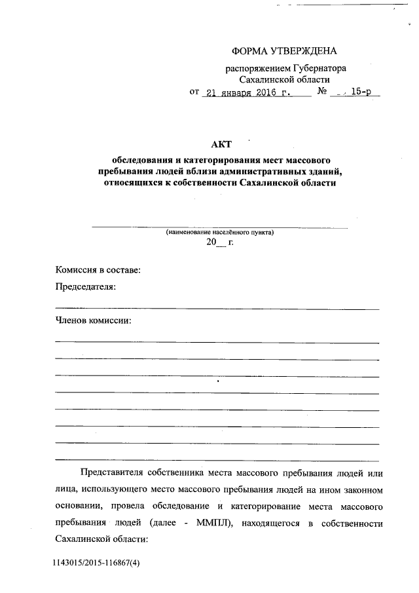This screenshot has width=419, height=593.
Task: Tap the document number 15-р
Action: point(361,92)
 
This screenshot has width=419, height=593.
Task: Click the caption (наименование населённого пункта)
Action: point(220,233)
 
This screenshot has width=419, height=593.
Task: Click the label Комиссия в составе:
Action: point(98,270)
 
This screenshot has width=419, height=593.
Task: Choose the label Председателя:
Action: point(86,287)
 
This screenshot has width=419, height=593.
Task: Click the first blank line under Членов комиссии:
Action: point(217,343)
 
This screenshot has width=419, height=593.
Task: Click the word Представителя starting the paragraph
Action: point(109,472)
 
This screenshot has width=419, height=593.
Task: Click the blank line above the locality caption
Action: point(220,227)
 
